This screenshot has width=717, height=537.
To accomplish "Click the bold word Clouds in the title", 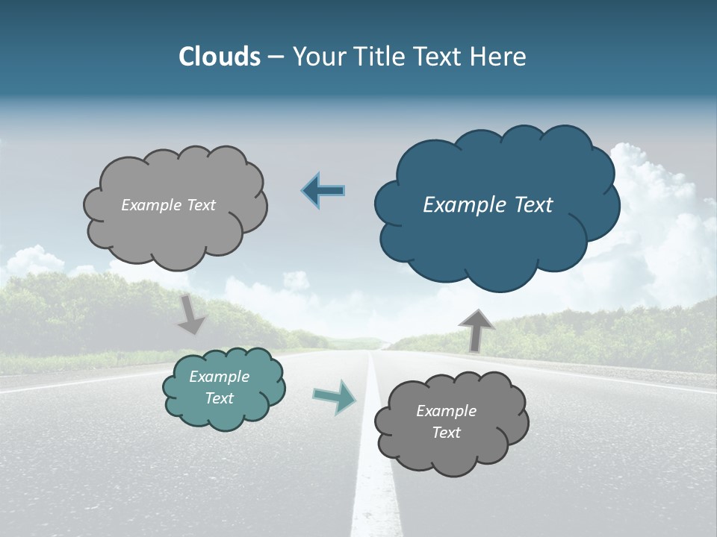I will point(219,57).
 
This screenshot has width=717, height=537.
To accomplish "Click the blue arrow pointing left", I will point(323,191).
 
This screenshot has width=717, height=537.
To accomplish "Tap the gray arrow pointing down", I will point(191,315).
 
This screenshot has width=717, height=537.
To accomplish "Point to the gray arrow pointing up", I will point(476,330).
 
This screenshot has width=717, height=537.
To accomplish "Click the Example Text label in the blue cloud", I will point(488,205).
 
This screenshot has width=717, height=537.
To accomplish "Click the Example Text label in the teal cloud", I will point(219,387).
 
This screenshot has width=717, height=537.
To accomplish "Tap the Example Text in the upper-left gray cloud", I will point(168,205).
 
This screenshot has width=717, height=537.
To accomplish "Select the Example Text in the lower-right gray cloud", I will point(446,421).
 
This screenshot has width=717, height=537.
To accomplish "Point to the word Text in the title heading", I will point(440,57).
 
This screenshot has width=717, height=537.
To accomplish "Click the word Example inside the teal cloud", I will point(219,377).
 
